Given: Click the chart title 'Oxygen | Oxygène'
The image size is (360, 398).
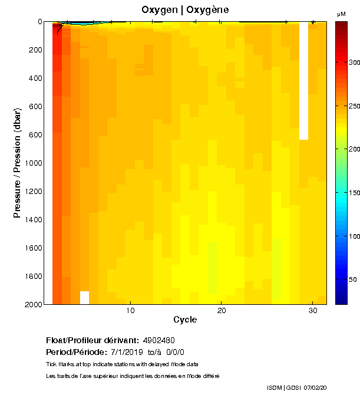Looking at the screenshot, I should point(186,10).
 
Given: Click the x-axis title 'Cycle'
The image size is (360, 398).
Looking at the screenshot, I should point(185,320).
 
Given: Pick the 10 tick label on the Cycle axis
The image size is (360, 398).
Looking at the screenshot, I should point(131,311).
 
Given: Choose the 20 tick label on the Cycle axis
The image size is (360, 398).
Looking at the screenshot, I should point(222,311).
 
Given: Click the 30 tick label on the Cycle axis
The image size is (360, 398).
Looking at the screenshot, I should point(313,311).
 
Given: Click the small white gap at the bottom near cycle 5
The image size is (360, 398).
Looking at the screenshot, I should point(85,297).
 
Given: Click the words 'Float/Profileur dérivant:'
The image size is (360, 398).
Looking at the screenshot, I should point(93,341).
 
